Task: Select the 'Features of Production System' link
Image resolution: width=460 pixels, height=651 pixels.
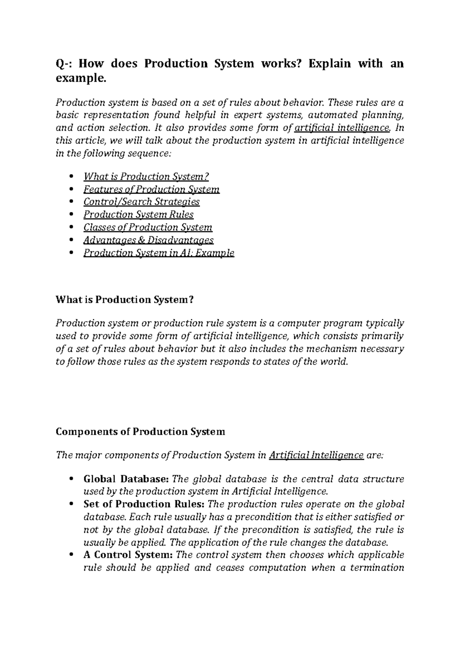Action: click(151, 189)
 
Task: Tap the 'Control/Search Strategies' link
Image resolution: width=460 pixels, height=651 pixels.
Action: click(141, 202)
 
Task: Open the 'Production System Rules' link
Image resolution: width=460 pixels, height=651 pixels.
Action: click(138, 215)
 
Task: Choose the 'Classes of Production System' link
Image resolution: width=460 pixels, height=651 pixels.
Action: click(148, 227)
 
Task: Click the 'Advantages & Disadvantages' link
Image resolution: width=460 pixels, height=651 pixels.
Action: click(148, 240)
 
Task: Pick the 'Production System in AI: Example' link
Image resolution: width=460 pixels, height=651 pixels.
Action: click(159, 253)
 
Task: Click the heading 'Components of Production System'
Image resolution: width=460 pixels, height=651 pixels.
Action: click(140, 432)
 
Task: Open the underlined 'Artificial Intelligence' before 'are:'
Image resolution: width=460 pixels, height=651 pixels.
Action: click(316, 455)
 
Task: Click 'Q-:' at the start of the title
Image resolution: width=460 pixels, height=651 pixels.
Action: click(64, 63)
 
